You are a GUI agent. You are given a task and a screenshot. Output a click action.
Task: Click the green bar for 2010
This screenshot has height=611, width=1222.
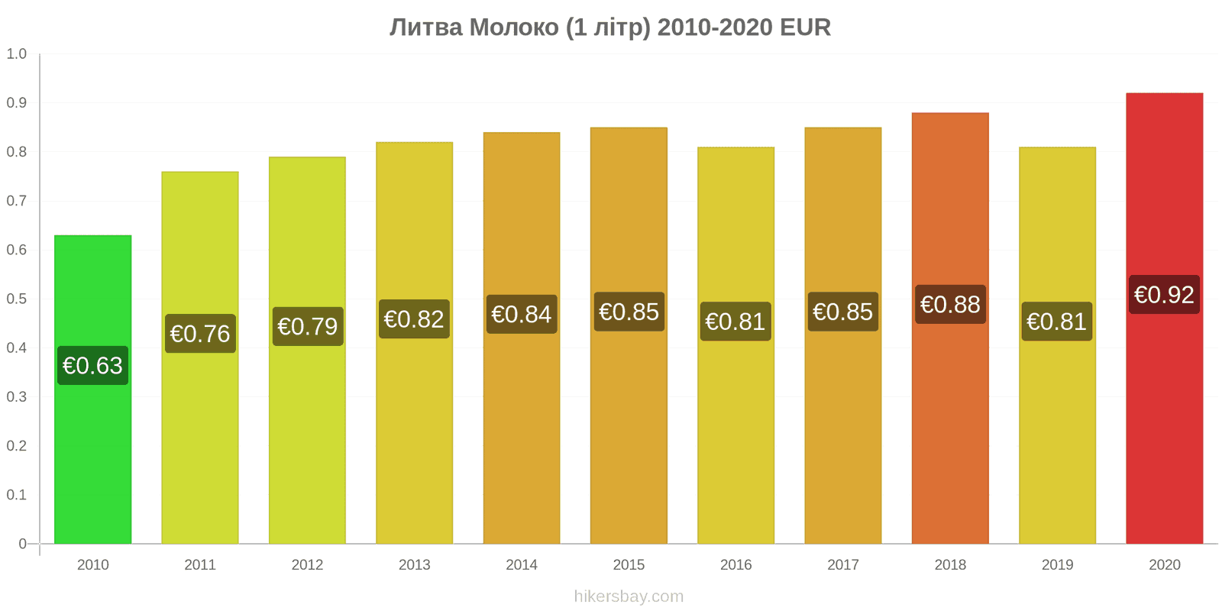click(x=92, y=390)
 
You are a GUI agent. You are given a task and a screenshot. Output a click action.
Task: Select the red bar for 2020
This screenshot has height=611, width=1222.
click(x=1164, y=318)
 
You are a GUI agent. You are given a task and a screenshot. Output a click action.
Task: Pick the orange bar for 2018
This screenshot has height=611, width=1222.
click(x=950, y=328)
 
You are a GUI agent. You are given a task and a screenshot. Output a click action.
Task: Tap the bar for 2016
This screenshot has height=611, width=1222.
click(x=735, y=345)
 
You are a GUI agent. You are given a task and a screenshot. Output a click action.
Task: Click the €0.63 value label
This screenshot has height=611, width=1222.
click(x=92, y=366)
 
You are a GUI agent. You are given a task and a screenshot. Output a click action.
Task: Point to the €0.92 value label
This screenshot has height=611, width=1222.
click(x=1164, y=295)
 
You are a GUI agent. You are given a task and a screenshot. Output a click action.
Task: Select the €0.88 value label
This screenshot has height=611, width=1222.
click(x=950, y=305)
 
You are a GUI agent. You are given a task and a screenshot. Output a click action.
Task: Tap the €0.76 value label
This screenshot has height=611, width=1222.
click(x=200, y=333)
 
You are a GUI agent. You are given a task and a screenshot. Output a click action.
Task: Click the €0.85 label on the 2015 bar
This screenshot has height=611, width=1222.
click(x=629, y=312)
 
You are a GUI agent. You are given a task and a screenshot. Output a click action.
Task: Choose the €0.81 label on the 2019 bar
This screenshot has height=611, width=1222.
click(x=1057, y=322)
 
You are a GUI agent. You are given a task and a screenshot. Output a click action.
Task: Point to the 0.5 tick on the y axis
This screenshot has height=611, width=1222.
click(x=16, y=299)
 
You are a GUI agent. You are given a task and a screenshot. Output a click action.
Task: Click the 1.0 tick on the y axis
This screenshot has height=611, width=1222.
click(x=16, y=54)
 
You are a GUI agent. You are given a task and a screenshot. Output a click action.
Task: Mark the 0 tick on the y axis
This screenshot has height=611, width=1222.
click(x=22, y=543)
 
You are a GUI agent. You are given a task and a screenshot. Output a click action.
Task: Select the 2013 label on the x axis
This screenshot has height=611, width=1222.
click(x=414, y=564)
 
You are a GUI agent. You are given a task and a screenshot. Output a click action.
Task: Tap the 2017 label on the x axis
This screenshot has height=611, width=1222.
click(x=843, y=564)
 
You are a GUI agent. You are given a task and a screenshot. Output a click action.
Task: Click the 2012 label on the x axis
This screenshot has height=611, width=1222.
click(x=307, y=564)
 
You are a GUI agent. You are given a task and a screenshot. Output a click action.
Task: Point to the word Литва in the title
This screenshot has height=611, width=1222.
click(x=426, y=27)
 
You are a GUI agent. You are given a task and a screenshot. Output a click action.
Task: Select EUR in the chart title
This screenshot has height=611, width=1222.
click(x=805, y=27)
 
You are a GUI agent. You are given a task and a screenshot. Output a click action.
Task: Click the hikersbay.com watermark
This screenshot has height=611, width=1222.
click(x=629, y=596)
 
